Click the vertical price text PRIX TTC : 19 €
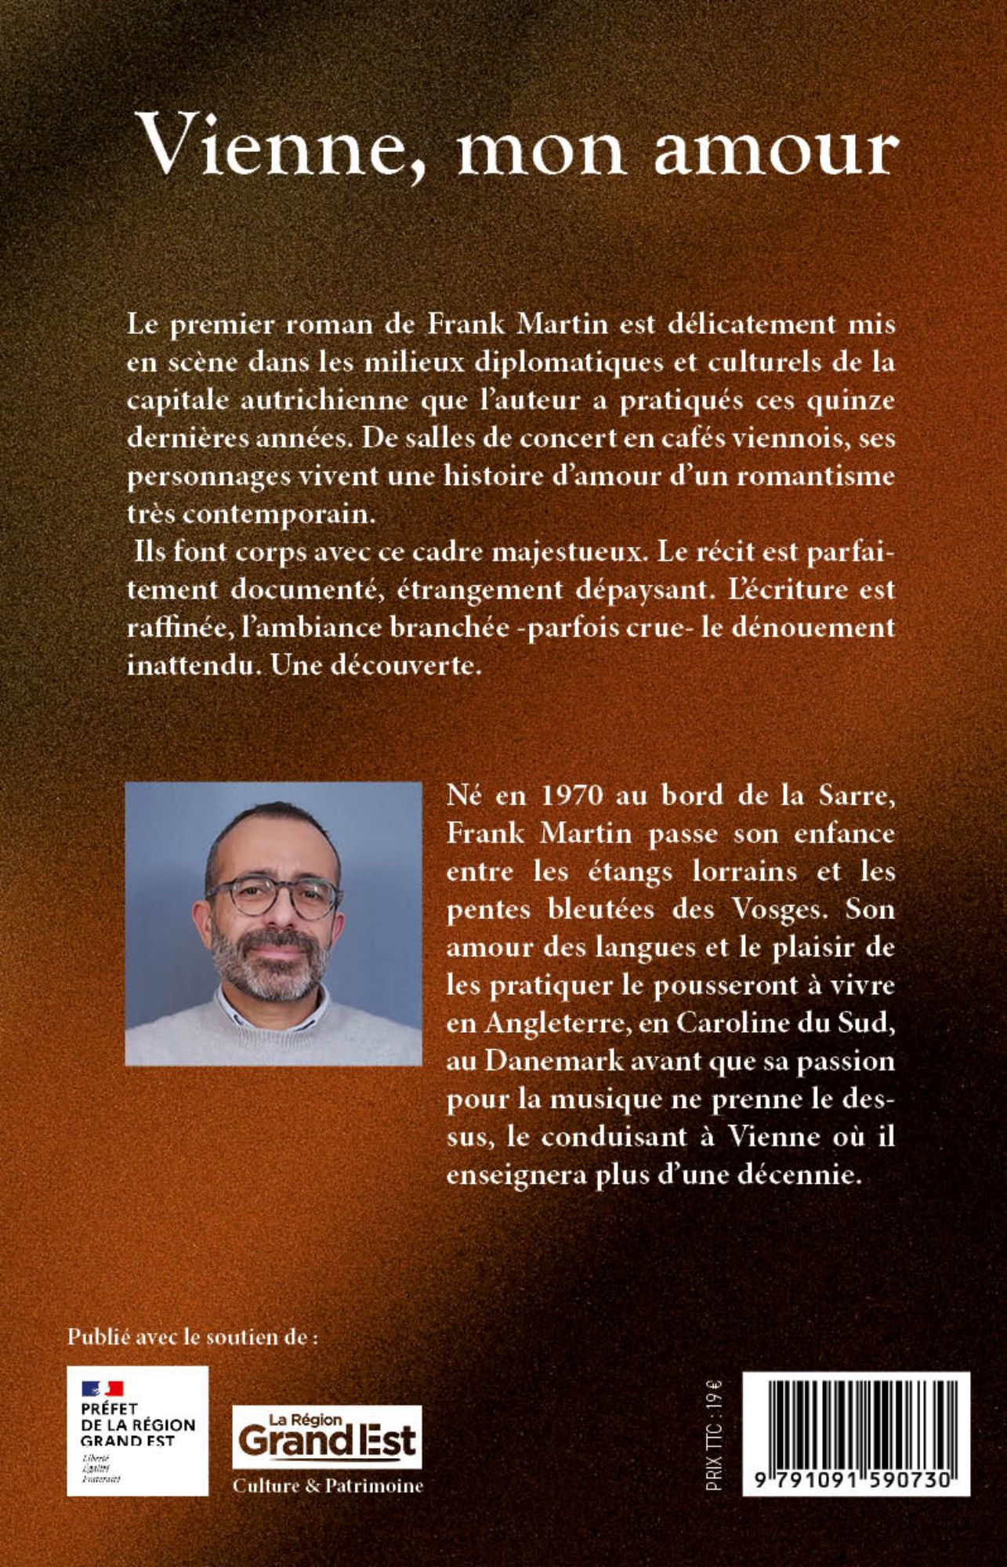tap(714, 1434)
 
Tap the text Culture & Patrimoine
tap(328, 1486)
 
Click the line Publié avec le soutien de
tap(193, 1337)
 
